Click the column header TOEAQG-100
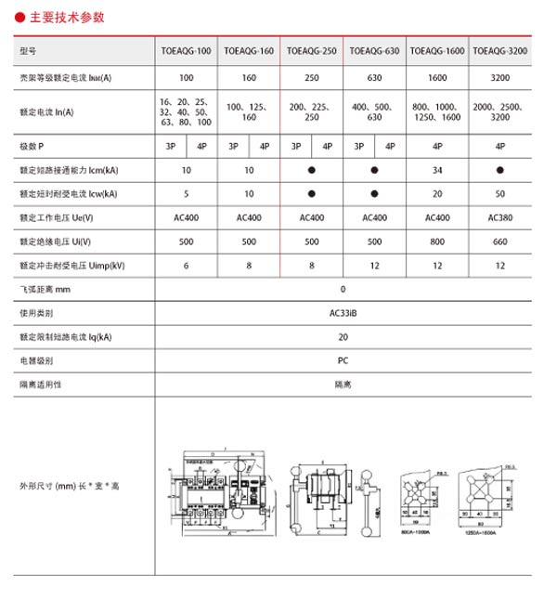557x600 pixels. click(187, 50)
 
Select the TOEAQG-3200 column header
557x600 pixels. click(500, 50)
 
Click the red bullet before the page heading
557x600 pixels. click(19, 17)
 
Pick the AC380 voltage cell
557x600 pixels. click(500, 218)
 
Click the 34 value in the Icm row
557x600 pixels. click(436, 171)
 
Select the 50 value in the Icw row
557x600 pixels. click(500, 194)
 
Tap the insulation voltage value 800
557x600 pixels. click(436, 241)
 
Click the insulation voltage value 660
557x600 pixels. click(500, 241)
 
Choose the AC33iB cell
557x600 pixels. click(343, 313)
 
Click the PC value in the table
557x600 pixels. click(343, 359)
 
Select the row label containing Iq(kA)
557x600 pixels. click(65, 336)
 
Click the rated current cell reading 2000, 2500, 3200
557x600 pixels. click(500, 112)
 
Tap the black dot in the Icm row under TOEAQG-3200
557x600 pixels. click(500, 171)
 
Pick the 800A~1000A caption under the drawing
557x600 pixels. click(416, 533)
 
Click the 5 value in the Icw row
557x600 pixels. click(187, 194)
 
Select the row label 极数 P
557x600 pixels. click(32, 147)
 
